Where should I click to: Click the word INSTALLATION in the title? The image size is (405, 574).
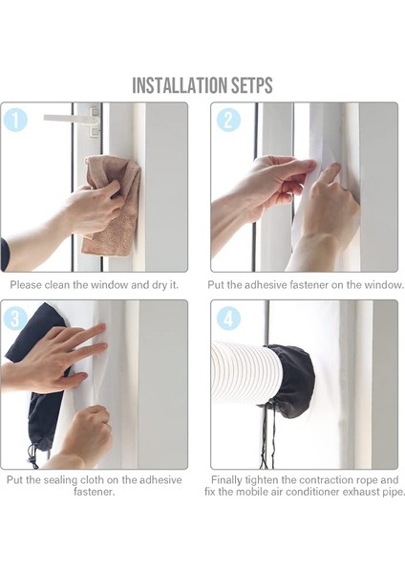pyautogui.click(x=180, y=85)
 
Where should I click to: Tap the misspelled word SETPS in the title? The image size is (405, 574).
pyautogui.click(x=252, y=85)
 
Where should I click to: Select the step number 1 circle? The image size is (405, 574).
pyautogui.click(x=14, y=120)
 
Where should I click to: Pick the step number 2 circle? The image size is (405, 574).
pyautogui.click(x=228, y=120)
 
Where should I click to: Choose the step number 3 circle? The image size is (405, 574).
pyautogui.click(x=14, y=319)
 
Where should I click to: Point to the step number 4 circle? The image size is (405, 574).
pyautogui.click(x=228, y=319)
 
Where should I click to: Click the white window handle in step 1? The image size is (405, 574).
pyautogui.click(x=72, y=120)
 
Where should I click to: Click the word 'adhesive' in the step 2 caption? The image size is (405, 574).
pyautogui.click(x=266, y=285)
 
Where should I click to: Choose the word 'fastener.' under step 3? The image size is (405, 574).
pyautogui.click(x=95, y=492)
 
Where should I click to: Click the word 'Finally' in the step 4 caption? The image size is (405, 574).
pyautogui.click(x=226, y=480)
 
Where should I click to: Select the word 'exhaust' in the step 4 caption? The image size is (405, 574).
pyautogui.click(x=359, y=492)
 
